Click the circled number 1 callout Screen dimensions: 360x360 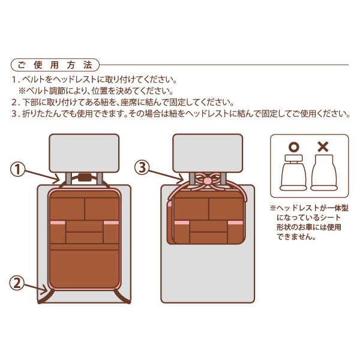click(17, 170)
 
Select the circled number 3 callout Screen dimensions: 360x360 click(142, 167)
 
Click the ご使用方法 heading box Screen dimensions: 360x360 click(55, 65)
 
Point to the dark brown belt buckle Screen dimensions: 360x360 click(85, 178)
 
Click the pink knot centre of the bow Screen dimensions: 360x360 click(208, 180)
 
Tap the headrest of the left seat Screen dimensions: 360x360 click(84, 153)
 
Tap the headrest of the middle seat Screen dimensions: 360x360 click(208, 153)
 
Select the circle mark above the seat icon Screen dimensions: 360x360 click(294, 147)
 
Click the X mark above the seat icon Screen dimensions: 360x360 click(323, 147)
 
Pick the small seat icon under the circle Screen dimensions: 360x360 click(293, 173)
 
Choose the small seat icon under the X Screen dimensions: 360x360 click(324, 173)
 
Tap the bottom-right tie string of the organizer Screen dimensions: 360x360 click(122, 296)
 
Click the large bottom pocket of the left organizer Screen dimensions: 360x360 click(84, 269)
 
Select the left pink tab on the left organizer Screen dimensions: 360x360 click(58, 223)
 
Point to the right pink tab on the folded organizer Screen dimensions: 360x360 click(235, 223)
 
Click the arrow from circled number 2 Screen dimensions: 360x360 click(36, 289)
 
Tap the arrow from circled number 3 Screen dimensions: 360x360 click(166, 176)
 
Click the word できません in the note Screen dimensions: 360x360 click(296, 237)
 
